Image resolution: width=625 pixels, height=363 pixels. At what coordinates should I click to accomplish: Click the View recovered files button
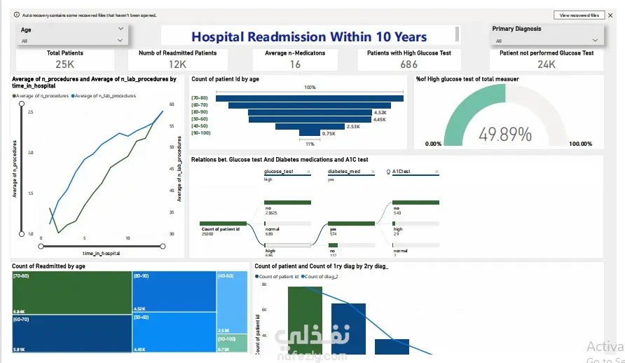(578, 15)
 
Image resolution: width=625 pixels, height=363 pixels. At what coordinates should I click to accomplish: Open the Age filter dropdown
(121, 29)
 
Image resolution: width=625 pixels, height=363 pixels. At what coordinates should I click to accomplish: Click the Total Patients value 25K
(64, 64)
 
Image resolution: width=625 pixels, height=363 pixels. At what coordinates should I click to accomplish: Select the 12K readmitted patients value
(177, 64)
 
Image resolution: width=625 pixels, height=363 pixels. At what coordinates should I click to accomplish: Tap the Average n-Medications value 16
(295, 64)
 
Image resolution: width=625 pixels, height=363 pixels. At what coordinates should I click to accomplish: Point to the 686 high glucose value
(408, 64)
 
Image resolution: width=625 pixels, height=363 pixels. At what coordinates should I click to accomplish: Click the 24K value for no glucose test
(546, 64)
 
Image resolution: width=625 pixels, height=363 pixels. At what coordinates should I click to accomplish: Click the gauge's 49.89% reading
(504, 134)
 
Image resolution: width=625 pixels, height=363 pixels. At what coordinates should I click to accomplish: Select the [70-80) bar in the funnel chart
(310, 98)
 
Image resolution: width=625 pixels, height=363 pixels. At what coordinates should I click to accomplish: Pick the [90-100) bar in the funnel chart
(309, 133)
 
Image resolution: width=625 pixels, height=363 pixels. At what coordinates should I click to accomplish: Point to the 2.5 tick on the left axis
(30, 112)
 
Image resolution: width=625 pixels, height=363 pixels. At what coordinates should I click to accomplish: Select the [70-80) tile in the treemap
(71, 292)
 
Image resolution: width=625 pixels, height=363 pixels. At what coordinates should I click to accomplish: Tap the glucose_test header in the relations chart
(278, 171)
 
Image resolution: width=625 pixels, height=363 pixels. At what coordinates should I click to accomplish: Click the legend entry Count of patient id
(280, 277)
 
